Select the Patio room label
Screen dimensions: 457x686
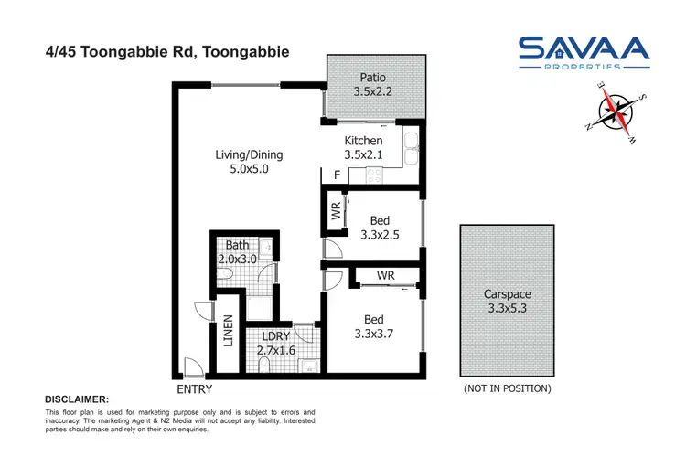tap(372, 78)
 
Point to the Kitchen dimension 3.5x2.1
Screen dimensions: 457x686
tap(363, 155)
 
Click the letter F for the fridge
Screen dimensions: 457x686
tap(337, 175)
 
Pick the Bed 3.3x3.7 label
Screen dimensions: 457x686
tap(372, 327)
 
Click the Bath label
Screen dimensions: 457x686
tap(237, 245)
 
